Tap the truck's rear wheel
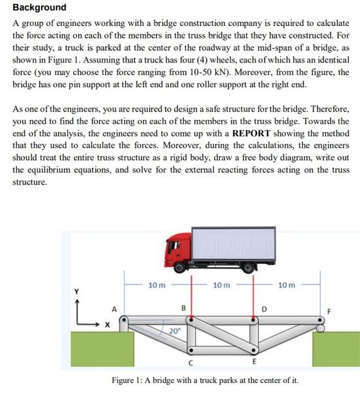click(247, 266)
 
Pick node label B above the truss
click(183, 307)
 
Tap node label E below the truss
click(254, 362)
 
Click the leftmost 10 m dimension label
click(157, 285)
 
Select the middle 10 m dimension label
click(222, 285)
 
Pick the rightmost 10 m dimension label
click(286, 285)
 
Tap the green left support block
click(100, 349)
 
